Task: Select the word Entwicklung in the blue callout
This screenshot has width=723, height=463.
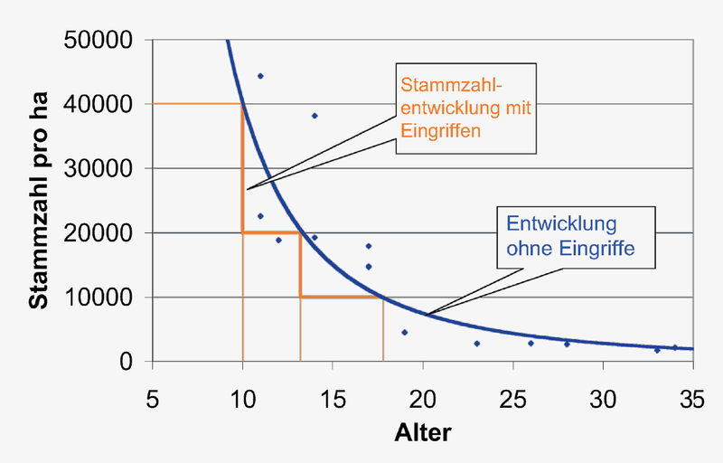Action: tap(561, 222)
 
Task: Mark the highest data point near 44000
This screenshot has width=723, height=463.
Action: tap(260, 76)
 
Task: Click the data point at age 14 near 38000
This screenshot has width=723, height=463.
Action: tap(315, 116)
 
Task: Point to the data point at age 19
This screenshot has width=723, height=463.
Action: tap(405, 333)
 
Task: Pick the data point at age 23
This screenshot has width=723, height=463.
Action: tap(477, 344)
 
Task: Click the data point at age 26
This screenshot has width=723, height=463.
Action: tap(531, 344)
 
